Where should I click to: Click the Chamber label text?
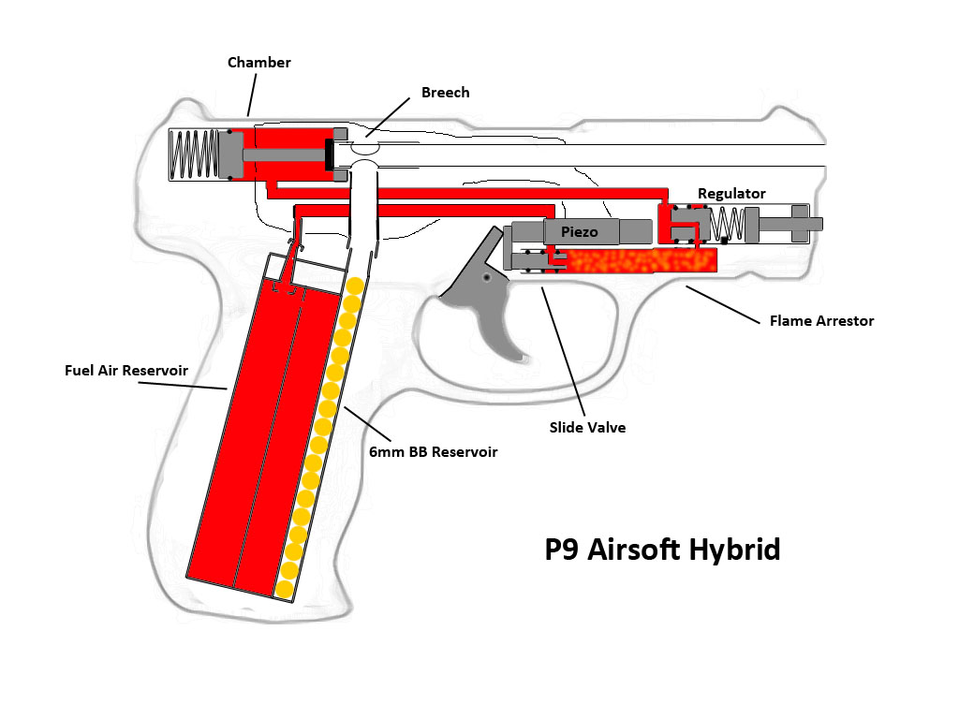pyautogui.click(x=259, y=63)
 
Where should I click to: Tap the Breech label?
pyautogui.click(x=445, y=93)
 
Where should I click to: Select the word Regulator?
pyautogui.click(x=731, y=194)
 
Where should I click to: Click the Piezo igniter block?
pyautogui.click(x=581, y=231)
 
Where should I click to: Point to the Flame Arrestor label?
pyautogui.click(x=821, y=321)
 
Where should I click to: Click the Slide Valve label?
pyautogui.click(x=587, y=427)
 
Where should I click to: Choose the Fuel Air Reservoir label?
pyautogui.click(x=126, y=371)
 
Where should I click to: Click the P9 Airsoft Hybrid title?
pyautogui.click(x=662, y=550)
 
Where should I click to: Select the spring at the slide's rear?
pyautogui.click(x=195, y=154)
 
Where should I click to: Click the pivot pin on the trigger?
pyautogui.click(x=487, y=277)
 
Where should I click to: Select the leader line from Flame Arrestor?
pyautogui.click(x=722, y=304)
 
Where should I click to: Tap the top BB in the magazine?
pyautogui.click(x=355, y=285)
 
